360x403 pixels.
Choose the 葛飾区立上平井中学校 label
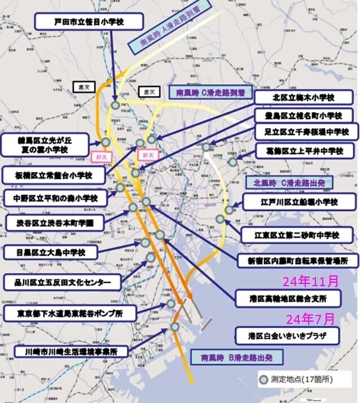pos(300,151)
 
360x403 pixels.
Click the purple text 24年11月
pos(311,280)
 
